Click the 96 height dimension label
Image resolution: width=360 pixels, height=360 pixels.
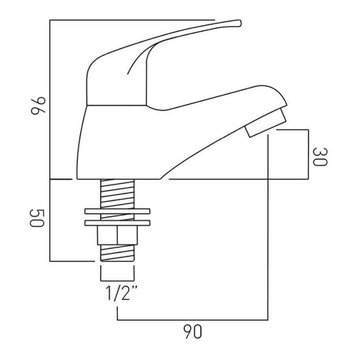click(38, 106)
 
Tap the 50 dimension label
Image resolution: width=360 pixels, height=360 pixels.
click(37, 218)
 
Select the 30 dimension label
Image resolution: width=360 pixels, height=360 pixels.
click(320, 157)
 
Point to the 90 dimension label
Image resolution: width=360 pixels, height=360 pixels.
click(193, 332)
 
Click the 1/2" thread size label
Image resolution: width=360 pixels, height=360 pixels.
click(121, 293)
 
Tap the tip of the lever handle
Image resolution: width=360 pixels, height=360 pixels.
click(240, 23)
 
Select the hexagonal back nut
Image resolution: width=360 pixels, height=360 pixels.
click(117, 235)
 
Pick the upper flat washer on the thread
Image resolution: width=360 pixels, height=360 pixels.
click(117, 211)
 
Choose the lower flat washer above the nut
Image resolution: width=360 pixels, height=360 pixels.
click(117, 223)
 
